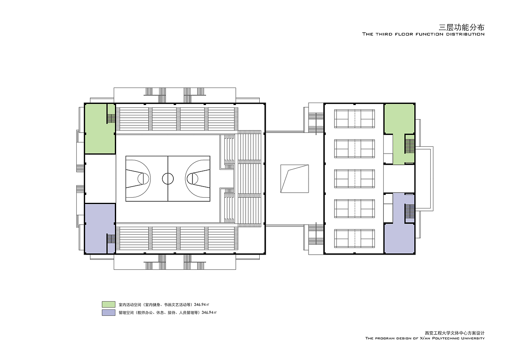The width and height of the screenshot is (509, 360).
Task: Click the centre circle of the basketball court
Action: click(x=168, y=173)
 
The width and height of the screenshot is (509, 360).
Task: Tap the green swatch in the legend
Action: click(x=109, y=304)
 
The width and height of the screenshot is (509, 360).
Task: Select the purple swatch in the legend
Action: click(x=109, y=313)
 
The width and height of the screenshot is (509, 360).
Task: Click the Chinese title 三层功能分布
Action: click(x=461, y=27)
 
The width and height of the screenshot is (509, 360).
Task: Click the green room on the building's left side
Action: click(x=100, y=128)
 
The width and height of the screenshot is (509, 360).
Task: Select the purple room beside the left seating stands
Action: click(x=100, y=228)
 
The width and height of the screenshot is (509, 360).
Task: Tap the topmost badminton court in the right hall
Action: click(x=354, y=119)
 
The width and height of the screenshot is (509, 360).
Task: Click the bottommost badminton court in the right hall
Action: click(x=354, y=239)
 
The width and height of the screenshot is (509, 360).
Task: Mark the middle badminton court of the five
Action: click(x=354, y=179)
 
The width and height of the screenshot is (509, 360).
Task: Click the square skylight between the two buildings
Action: click(x=295, y=179)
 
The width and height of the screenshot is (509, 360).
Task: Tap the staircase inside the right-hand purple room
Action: click(x=410, y=211)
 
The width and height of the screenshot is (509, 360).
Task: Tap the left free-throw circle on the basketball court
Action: click(x=143, y=179)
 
